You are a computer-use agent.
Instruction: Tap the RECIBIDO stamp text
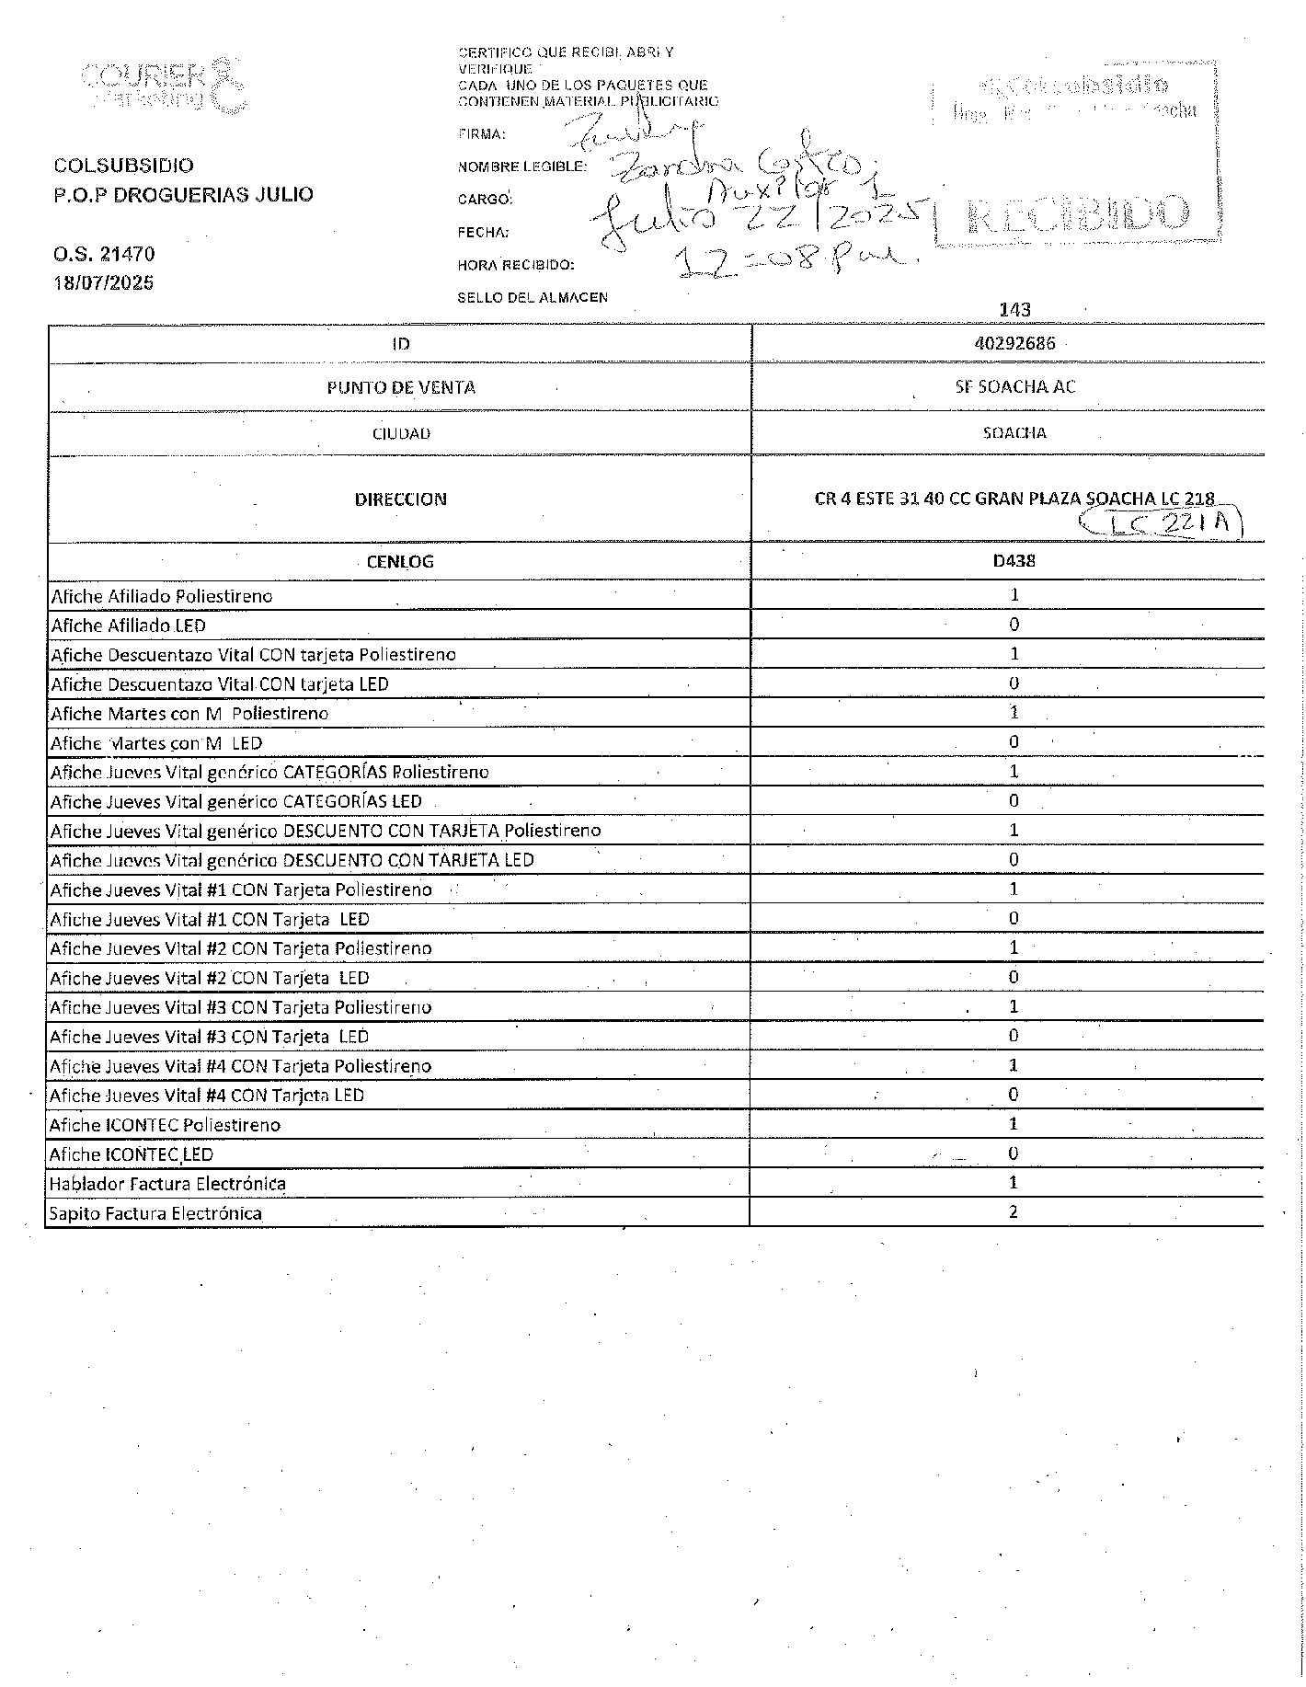1076,215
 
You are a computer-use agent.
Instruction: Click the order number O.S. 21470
104,254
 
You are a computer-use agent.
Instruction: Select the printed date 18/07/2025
104,282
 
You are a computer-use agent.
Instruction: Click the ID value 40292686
1014,344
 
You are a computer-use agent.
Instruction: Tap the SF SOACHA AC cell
1014,386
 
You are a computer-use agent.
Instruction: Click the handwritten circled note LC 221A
1161,524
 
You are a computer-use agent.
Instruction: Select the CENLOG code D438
1014,560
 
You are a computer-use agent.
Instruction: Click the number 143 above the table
1014,310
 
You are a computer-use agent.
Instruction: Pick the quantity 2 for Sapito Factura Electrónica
1014,1211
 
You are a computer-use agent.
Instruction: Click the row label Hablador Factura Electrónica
167,1184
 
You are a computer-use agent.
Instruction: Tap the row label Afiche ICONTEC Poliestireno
166,1125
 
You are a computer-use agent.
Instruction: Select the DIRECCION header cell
401,499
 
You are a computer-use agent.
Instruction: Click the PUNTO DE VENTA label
401,387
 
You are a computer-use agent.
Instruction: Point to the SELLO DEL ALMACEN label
533,297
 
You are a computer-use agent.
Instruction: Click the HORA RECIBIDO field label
516,265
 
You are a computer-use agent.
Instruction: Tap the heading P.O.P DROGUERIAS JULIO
184,194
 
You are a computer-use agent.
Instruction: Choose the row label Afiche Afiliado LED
128,625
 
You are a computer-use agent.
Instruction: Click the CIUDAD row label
401,433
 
